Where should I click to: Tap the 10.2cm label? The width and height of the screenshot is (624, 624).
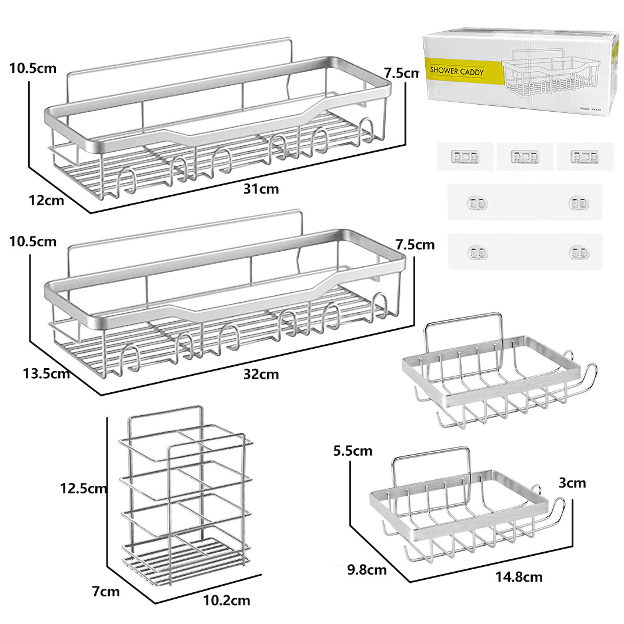tap(226, 600)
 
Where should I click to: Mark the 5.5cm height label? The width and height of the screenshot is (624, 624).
tap(352, 451)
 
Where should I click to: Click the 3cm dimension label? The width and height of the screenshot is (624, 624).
tap(572, 483)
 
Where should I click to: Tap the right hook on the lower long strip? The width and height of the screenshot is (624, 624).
tap(574, 253)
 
